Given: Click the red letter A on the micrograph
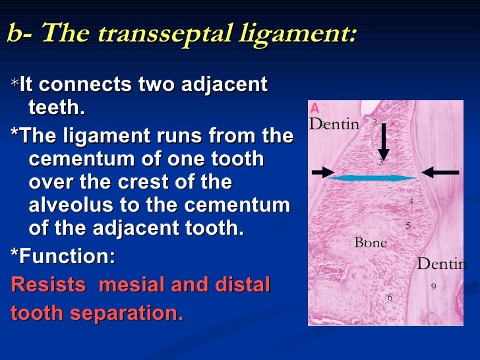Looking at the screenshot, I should (315, 108).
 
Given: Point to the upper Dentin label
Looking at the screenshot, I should (335, 124).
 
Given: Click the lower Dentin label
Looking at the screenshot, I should (442, 264).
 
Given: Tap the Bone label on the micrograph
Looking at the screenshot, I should (371, 243).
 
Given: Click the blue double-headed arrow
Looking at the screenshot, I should (373, 177).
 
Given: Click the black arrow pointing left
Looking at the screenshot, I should (440, 172).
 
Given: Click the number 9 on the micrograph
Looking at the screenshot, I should (433, 286).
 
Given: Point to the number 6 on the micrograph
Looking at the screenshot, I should (390, 297).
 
